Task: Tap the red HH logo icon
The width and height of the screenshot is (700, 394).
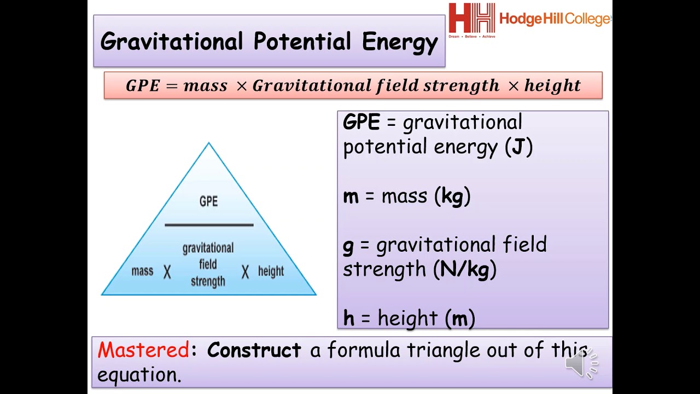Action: (471, 19)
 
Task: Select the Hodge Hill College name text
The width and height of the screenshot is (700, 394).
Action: (555, 19)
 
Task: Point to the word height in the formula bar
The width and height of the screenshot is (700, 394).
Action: (552, 86)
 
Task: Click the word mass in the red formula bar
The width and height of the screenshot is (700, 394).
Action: (205, 86)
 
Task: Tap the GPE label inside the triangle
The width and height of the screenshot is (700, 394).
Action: (208, 201)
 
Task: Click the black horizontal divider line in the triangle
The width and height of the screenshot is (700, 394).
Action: (209, 224)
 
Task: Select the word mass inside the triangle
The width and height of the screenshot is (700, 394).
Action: (142, 271)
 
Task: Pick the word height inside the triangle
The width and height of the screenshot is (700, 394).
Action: (271, 271)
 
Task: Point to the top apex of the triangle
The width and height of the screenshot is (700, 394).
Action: (208, 144)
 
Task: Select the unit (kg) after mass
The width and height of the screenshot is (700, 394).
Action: (452, 196)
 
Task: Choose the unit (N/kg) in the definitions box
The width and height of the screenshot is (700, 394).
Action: (464, 269)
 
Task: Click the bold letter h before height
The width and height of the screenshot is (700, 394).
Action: (348, 318)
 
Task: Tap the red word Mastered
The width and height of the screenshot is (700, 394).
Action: (143, 350)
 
